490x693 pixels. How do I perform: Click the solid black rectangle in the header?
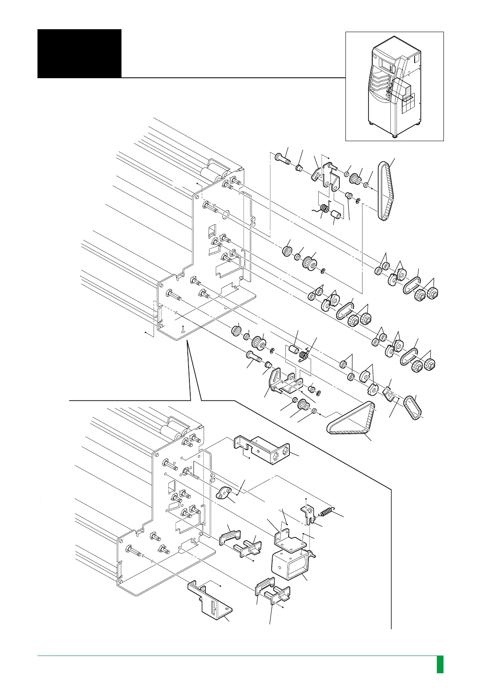pos(79,53)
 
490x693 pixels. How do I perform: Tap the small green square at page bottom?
pos(440,664)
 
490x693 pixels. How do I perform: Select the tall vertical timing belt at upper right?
pos(385,192)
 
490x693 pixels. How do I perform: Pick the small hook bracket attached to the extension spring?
pos(308,514)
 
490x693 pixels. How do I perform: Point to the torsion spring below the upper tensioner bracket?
pos(324,209)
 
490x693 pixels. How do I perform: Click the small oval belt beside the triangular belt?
pos(412,407)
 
